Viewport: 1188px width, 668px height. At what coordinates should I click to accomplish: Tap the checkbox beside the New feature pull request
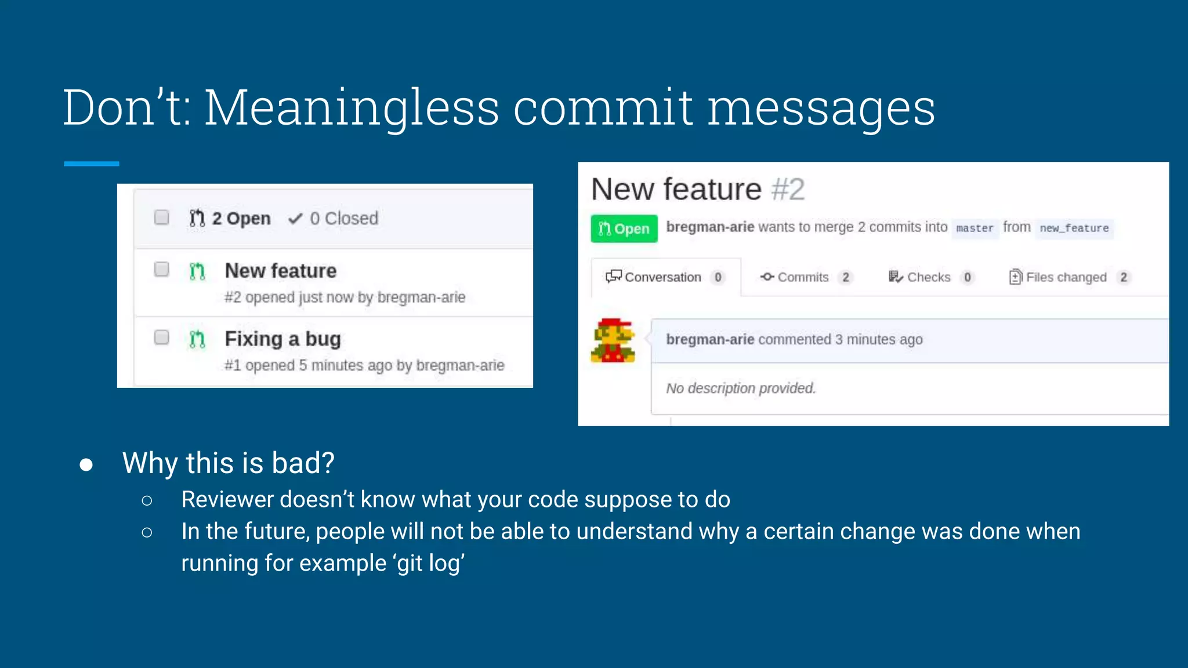[161, 269]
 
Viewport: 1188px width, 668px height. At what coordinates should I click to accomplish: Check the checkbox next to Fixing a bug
[161, 337]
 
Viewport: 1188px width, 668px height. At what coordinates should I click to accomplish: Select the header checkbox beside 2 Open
[161, 217]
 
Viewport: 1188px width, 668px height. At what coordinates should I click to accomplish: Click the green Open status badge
[624, 228]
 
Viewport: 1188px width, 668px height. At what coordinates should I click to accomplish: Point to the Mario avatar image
[613, 340]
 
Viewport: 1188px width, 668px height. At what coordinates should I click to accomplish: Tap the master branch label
[975, 228]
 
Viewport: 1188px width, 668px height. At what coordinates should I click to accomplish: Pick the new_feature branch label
[1074, 228]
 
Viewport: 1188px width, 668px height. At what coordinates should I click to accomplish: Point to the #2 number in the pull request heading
[788, 190]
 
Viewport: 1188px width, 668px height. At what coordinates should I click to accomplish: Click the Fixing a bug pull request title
[282, 339]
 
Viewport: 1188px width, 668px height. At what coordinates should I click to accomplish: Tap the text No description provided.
[741, 388]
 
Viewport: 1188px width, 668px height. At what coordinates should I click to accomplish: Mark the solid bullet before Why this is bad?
[86, 464]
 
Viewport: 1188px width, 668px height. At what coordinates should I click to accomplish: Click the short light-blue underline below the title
[91, 164]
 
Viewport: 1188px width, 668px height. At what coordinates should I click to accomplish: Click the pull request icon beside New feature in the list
[197, 271]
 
